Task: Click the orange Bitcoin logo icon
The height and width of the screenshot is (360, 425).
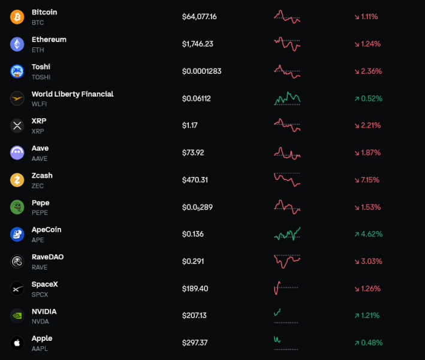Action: [x=17, y=17]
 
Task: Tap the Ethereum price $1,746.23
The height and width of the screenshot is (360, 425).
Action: [x=198, y=44]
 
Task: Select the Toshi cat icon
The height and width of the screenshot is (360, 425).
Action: [x=17, y=71]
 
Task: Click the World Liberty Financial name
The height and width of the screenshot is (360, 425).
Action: [x=73, y=94]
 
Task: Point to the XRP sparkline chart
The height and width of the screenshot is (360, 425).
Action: [x=287, y=125]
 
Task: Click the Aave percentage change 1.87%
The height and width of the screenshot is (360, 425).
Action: [x=368, y=153]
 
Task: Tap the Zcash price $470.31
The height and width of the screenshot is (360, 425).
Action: [x=195, y=180]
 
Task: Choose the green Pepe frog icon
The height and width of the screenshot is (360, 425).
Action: [x=17, y=207]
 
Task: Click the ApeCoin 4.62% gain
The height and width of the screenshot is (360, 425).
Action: [x=369, y=234]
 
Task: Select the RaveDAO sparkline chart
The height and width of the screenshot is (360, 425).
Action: [x=287, y=261]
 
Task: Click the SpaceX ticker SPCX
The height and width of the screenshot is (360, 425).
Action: [x=40, y=295]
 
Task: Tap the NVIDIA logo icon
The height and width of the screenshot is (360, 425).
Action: [x=17, y=316]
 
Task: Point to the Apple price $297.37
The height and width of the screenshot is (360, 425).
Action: [x=195, y=343]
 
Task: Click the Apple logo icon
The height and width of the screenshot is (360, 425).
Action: [x=17, y=343]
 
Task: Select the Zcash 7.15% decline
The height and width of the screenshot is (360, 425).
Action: [x=367, y=180]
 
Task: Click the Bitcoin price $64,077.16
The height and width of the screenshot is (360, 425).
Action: [x=199, y=17]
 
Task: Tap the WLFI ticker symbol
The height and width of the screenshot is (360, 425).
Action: [x=39, y=104]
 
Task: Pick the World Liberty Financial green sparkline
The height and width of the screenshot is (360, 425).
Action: [x=287, y=98]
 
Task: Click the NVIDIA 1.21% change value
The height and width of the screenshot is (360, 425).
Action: [x=367, y=316]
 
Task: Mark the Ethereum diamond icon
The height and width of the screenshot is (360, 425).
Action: [x=17, y=44]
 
